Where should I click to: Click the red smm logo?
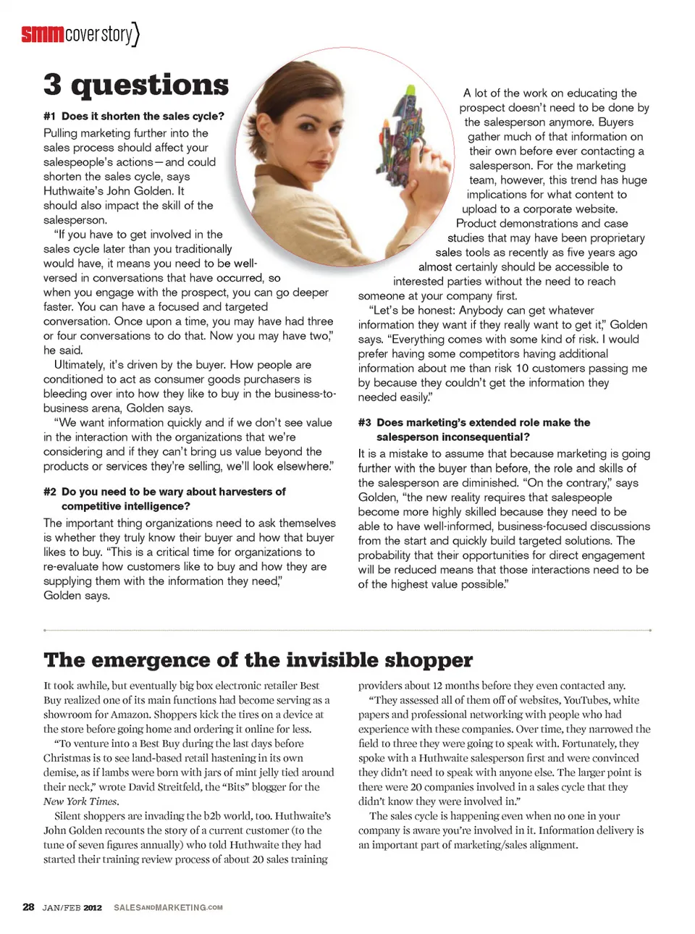click(42, 34)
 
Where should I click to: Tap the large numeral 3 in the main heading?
click(52, 85)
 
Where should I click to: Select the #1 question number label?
click(49, 116)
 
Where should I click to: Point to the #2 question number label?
click(49, 492)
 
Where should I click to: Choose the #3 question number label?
click(364, 422)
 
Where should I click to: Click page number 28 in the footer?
click(28, 906)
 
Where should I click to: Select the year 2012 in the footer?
click(93, 907)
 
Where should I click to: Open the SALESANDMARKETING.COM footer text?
click(168, 907)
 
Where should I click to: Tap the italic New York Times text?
click(80, 802)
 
